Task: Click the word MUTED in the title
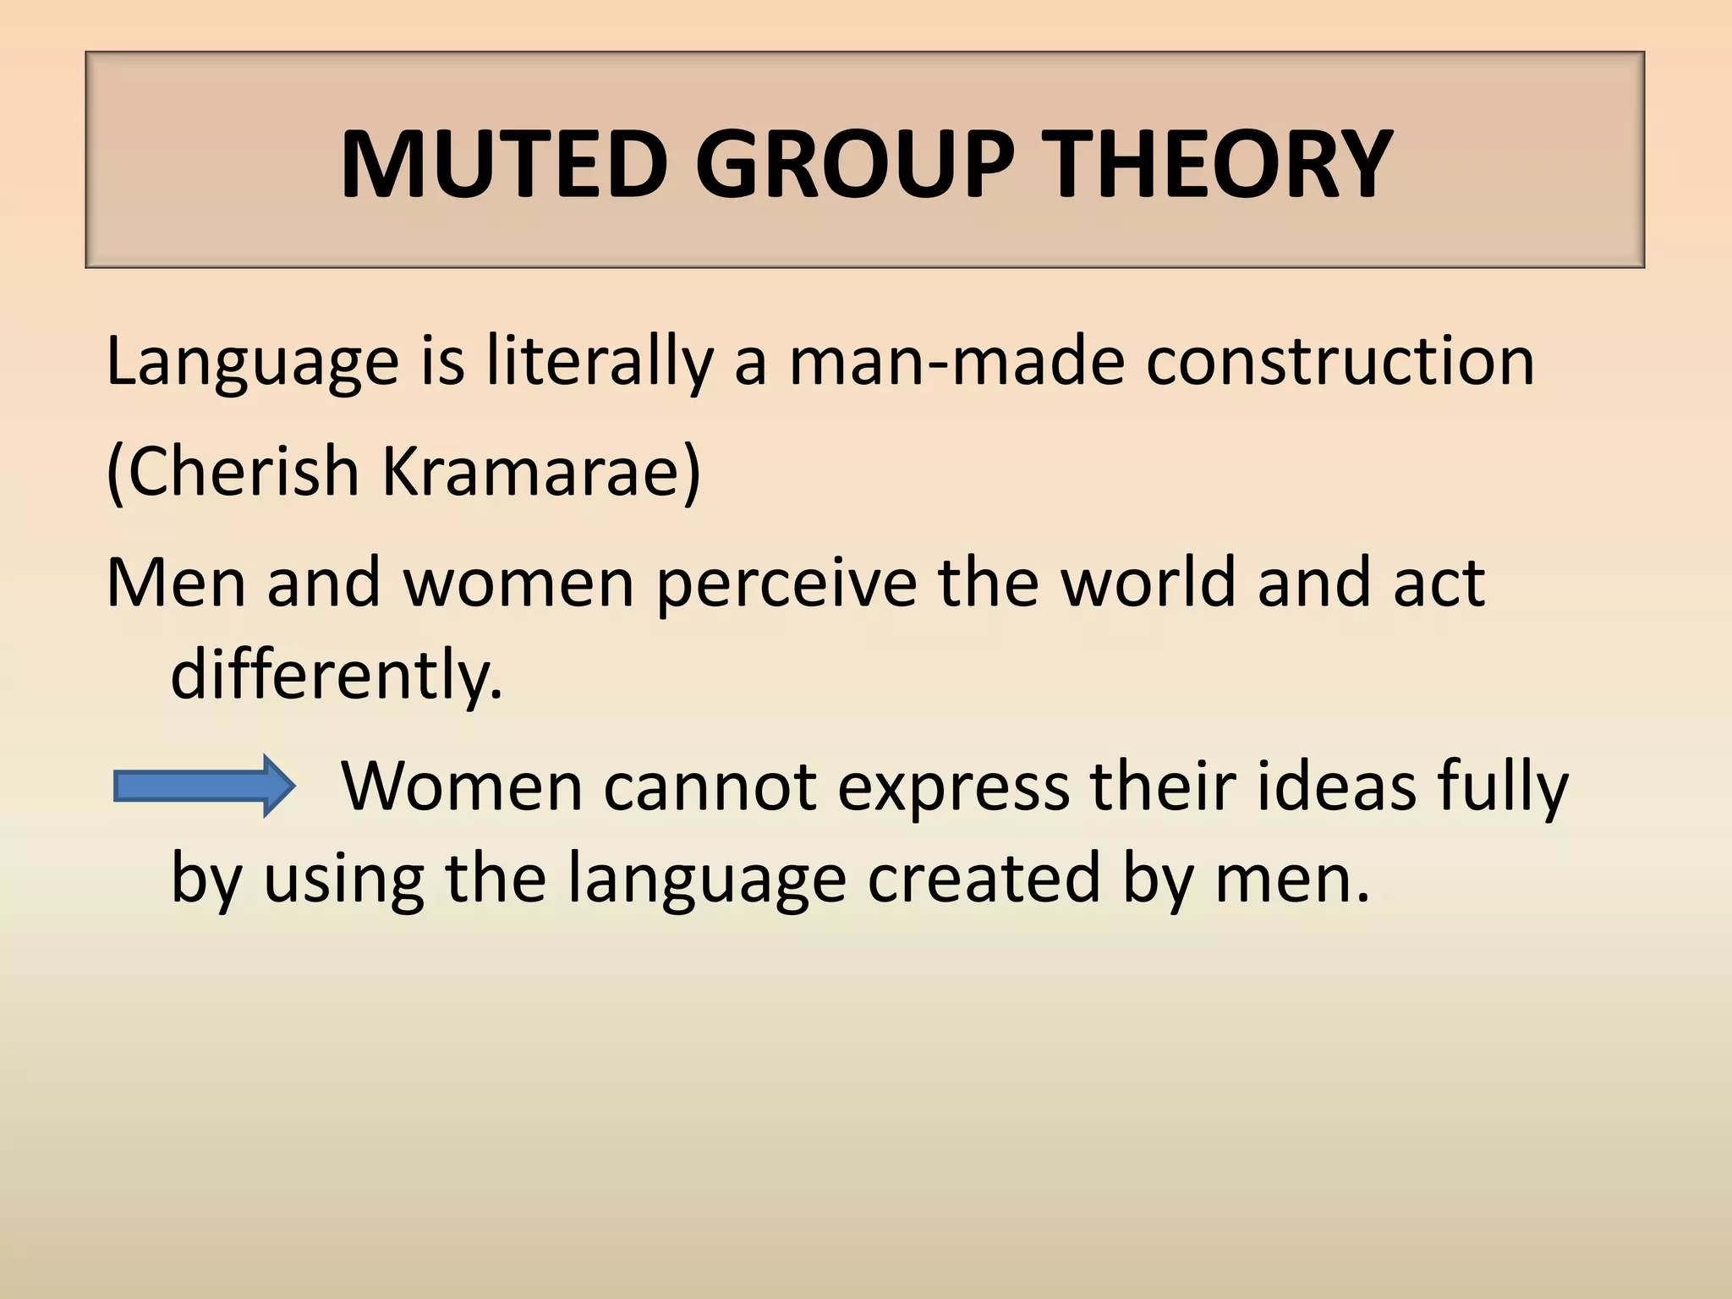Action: [504, 164]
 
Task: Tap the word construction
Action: [1340, 362]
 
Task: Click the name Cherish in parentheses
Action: [242, 472]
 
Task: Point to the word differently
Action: [336, 675]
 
